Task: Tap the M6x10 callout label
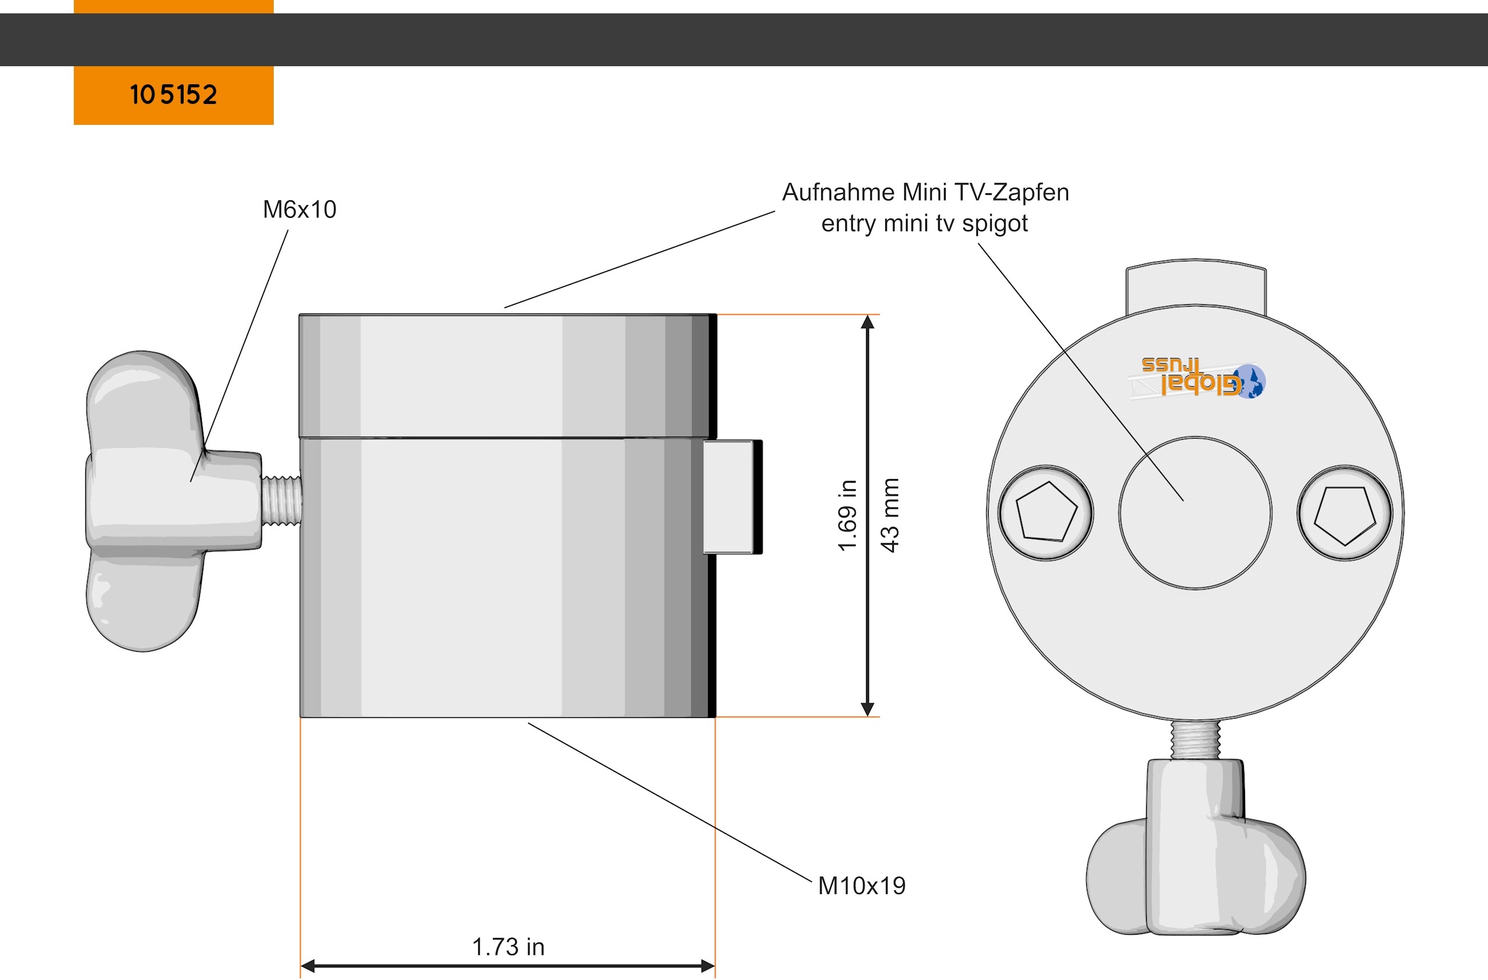299,209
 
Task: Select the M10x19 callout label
861,886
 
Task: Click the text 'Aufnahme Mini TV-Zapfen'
925,192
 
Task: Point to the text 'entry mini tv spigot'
924,223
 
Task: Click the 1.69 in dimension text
847,515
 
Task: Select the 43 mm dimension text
890,515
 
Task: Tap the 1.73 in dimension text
507,947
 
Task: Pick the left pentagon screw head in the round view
1046,512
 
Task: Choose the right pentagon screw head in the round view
1345,512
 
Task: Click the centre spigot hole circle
1195,512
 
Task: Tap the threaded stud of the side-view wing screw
281,500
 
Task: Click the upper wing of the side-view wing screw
144,400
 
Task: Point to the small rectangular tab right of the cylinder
731,497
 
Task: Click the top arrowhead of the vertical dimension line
867,322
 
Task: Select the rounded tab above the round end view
1196,285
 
